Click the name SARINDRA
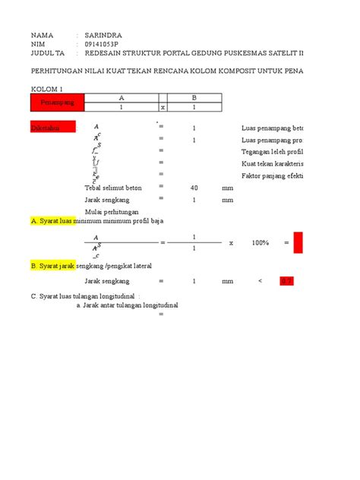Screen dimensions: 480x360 [x=103, y=35]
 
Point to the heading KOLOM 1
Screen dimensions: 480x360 [x=48, y=89]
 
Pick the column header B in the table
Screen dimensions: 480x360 [x=194, y=98]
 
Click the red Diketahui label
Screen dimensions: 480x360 [x=48, y=128]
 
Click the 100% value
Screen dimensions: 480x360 [x=261, y=242]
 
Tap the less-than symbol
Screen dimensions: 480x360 [x=260, y=280]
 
